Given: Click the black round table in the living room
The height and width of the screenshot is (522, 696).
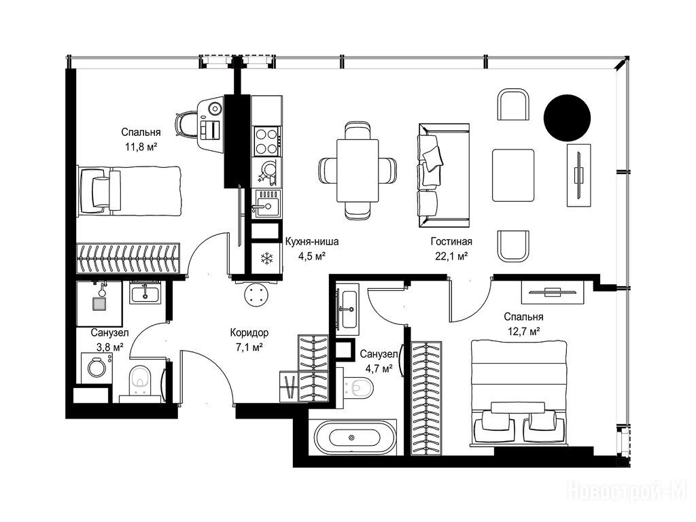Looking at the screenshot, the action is pyautogui.click(x=567, y=118).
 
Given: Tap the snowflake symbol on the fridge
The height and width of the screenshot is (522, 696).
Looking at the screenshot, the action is pyautogui.click(x=266, y=258).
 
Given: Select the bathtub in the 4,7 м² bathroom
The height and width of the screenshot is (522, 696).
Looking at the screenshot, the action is pyautogui.click(x=354, y=437).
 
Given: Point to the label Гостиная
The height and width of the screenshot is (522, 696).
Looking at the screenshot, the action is pyautogui.click(x=451, y=241).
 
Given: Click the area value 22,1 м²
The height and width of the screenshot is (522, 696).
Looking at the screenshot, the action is pyautogui.click(x=452, y=256).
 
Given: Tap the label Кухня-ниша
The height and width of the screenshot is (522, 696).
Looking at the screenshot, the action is pyautogui.click(x=311, y=241).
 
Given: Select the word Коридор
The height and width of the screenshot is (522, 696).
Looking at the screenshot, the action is pyautogui.click(x=249, y=332).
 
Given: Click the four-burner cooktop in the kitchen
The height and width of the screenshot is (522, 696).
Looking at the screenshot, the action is pyautogui.click(x=266, y=141).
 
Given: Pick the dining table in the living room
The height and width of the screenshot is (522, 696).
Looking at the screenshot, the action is pyautogui.click(x=358, y=171).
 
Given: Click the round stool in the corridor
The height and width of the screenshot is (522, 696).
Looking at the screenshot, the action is pyautogui.click(x=256, y=294).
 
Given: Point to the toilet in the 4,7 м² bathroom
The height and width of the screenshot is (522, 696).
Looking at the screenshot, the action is pyautogui.click(x=359, y=387).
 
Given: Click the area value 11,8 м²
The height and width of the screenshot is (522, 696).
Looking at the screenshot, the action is pyautogui.click(x=141, y=147).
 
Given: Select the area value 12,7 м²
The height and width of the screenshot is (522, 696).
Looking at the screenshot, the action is pyautogui.click(x=523, y=331).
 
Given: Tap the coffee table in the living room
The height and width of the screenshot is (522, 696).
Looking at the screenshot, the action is pyautogui.click(x=513, y=175).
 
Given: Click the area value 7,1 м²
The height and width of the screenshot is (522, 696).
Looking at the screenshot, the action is pyautogui.click(x=249, y=347).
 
